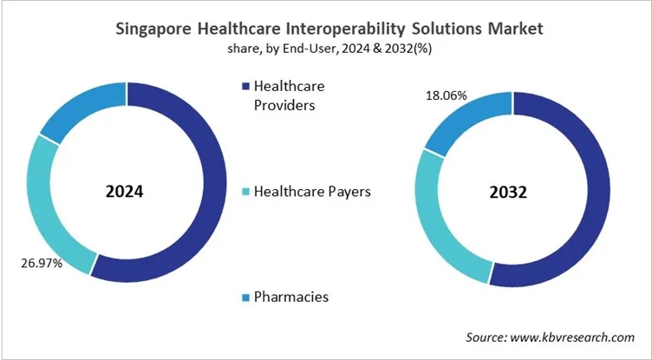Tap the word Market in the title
(x=512, y=29)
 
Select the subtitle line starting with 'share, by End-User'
(x=326, y=49)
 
